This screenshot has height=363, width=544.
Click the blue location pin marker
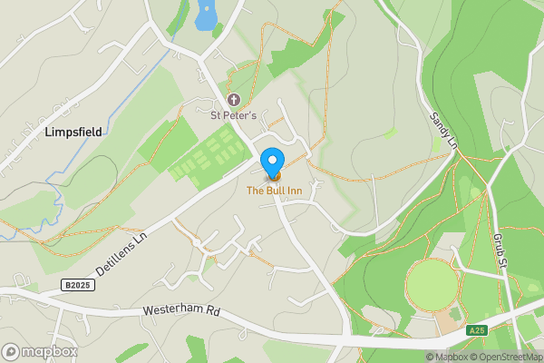(x=271, y=162)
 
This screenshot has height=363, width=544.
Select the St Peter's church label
(x=234, y=115)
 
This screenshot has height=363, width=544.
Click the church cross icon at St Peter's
(x=233, y=100)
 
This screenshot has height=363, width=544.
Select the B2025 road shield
(x=78, y=285)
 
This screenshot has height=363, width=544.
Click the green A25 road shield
(x=479, y=330)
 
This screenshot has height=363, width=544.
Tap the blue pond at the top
(x=207, y=14)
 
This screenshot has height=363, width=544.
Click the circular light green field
(x=432, y=285)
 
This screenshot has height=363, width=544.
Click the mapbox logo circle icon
(x=12, y=351)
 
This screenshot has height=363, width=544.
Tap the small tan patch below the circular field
(x=447, y=320)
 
